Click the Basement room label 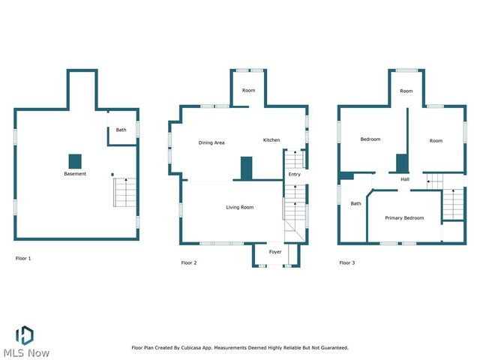pos(75,174)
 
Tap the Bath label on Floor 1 pos(121,130)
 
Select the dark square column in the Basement pos(75,160)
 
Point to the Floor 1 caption pos(23,258)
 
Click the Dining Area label pos(211,142)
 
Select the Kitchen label pos(271,140)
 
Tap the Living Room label pos(240,207)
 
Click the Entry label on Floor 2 pos(295,175)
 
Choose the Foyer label pos(275,252)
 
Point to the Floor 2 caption pos(189,262)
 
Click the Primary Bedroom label pos(404,218)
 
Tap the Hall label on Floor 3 pos(405,180)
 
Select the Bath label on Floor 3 pos(356,203)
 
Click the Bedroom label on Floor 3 pos(370,139)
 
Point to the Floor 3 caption pos(347,262)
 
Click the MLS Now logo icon pos(25,334)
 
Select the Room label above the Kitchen pos(248,91)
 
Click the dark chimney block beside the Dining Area pos(247,168)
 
